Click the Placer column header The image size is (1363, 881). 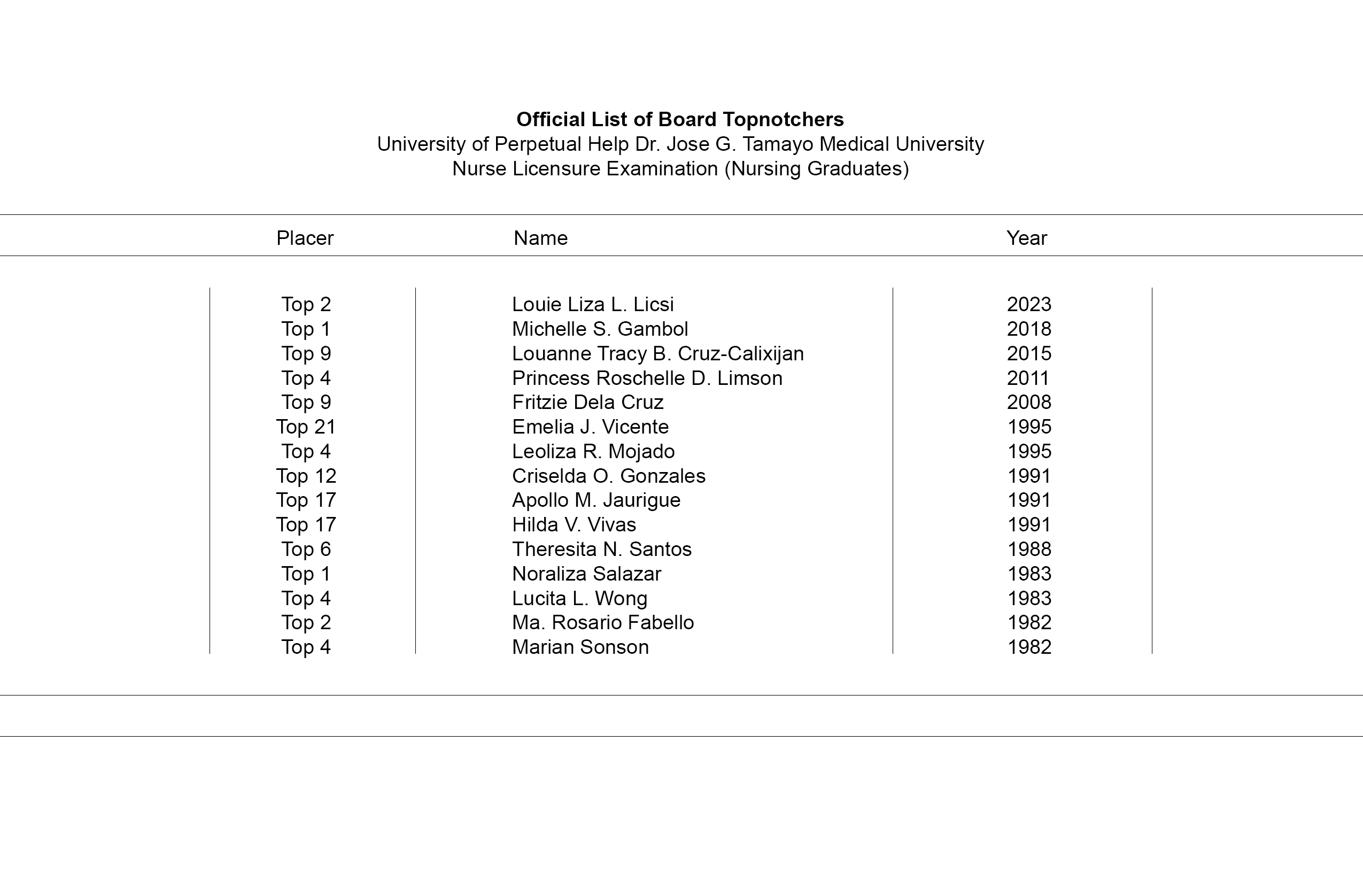[x=305, y=238]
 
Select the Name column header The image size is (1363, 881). [x=540, y=238]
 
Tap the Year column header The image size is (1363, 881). [x=1027, y=238]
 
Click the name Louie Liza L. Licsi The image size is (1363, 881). [x=593, y=304]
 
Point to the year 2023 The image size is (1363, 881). [x=1029, y=304]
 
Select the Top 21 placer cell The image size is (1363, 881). [x=306, y=427]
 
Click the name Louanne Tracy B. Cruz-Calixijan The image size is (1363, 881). [x=658, y=353]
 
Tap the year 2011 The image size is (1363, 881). [x=1028, y=378]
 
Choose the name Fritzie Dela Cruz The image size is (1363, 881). [x=587, y=402]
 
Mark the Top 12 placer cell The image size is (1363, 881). [x=306, y=476]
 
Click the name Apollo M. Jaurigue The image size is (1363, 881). [x=596, y=500]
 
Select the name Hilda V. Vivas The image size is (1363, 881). [x=574, y=524]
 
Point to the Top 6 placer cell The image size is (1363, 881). [x=306, y=549]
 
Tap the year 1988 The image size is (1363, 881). [x=1029, y=549]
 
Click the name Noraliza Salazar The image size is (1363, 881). [x=586, y=574]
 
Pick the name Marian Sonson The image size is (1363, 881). [x=580, y=647]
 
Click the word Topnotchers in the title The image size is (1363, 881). [x=783, y=120]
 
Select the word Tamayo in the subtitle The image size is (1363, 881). [x=778, y=144]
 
